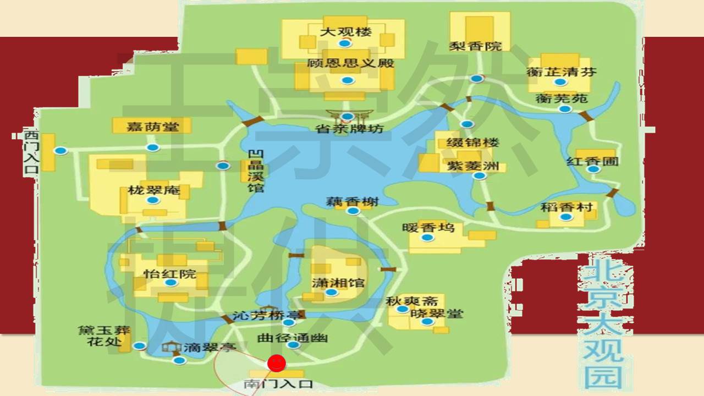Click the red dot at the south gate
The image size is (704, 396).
click(x=277, y=364)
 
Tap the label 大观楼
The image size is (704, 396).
click(x=346, y=31)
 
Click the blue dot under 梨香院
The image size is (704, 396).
click(x=477, y=78)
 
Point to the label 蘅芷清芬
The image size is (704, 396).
click(x=561, y=71)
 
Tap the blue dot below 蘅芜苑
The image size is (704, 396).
click(x=565, y=109)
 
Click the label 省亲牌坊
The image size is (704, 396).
click(x=349, y=129)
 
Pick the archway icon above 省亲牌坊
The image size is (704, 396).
click(x=348, y=114)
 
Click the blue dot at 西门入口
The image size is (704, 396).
click(x=61, y=150)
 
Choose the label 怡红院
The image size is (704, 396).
click(x=170, y=273)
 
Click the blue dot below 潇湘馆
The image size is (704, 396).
click(x=331, y=292)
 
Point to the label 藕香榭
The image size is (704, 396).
click(x=353, y=202)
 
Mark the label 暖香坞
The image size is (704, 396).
click(x=428, y=227)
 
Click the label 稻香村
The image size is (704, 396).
click(x=566, y=207)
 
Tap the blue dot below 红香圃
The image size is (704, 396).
click(x=593, y=169)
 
